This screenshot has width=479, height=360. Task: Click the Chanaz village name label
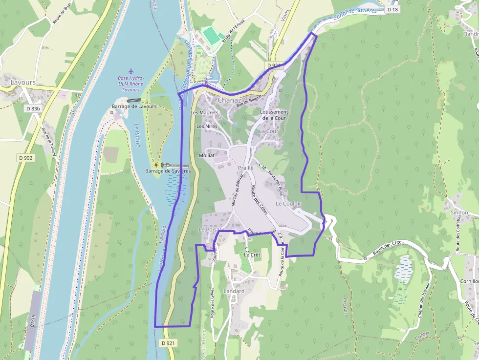(x=229, y=100)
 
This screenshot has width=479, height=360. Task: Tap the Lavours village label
(x=23, y=83)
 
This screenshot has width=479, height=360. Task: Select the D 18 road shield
(x=392, y=9)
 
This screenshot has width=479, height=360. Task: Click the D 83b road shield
(x=34, y=108)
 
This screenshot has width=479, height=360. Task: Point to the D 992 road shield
(x=26, y=157)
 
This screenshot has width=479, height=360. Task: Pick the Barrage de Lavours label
(x=134, y=106)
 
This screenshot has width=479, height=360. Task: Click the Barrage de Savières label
(x=168, y=171)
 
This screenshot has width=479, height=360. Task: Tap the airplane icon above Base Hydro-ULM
(x=130, y=71)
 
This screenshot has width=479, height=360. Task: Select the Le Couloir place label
(x=288, y=203)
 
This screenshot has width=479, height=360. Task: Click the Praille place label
(x=245, y=168)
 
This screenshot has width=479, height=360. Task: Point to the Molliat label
(x=207, y=155)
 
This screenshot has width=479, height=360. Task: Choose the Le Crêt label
(x=252, y=255)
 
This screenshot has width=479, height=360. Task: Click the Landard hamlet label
(x=234, y=291)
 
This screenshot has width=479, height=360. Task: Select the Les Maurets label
(x=204, y=113)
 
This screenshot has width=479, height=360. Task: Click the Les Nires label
(x=207, y=126)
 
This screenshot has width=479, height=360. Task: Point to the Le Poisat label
(x=210, y=230)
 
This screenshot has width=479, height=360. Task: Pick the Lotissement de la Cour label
(x=274, y=114)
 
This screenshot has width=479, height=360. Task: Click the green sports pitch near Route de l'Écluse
(x=211, y=35)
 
